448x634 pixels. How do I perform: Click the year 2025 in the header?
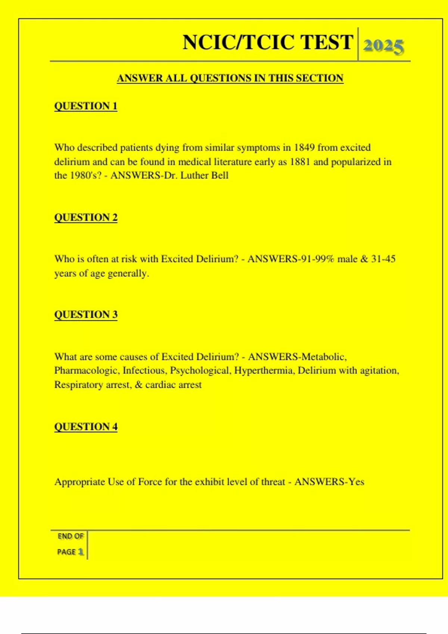click(383, 46)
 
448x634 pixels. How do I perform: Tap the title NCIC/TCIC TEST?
click(268, 42)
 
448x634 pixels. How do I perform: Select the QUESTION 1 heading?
click(86, 106)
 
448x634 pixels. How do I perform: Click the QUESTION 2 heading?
click(86, 217)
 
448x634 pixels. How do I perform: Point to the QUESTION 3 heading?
click(86, 314)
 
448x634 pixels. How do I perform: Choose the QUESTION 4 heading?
click(86, 427)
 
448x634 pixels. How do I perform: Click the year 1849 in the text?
click(304, 147)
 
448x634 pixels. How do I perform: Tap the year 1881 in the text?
click(300, 162)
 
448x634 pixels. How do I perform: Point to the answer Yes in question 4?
click(356, 482)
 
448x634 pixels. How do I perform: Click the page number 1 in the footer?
click(81, 552)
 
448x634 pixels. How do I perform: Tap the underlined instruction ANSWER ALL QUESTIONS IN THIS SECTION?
click(230, 78)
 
